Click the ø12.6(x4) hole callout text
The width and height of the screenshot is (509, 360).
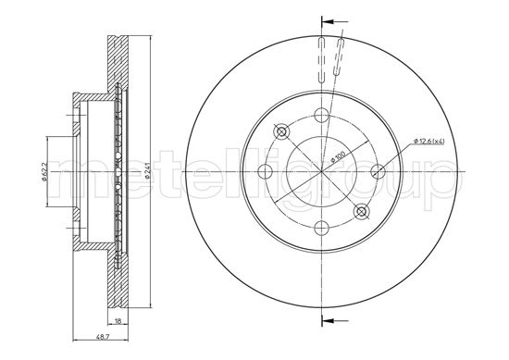pyautogui.click(x=428, y=141)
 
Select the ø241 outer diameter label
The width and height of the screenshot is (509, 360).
pyautogui.click(x=147, y=172)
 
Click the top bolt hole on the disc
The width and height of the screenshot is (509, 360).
pyautogui.click(x=322, y=115)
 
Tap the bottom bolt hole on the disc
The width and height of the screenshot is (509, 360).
pyautogui.click(x=322, y=228)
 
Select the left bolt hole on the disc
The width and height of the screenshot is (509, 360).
pyautogui.click(x=266, y=171)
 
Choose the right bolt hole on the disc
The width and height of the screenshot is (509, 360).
pyautogui.click(x=378, y=171)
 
